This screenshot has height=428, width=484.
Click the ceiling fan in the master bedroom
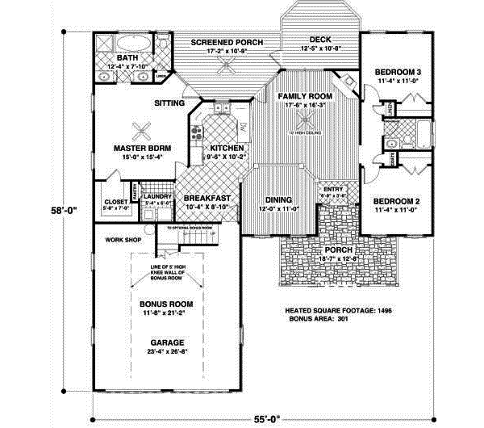[x=142, y=128]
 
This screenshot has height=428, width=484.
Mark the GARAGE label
[x=164, y=342]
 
